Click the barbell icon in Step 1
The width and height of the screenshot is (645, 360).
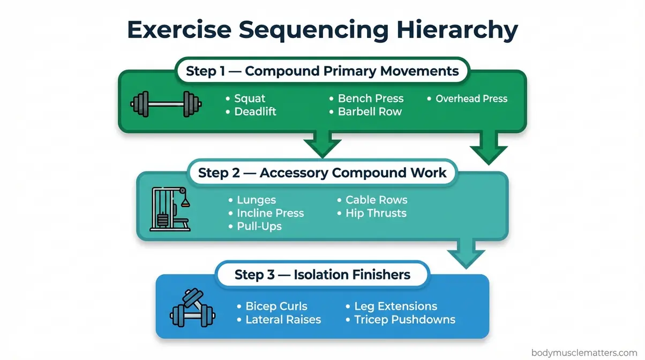(x=167, y=103)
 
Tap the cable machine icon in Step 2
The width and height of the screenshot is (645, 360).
(x=170, y=209)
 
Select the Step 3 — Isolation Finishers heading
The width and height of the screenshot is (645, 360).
(x=322, y=275)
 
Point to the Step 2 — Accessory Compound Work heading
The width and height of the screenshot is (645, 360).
(x=322, y=172)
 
